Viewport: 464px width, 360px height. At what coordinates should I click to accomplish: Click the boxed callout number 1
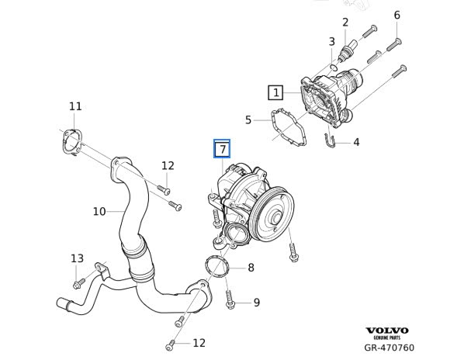click(x=275, y=92)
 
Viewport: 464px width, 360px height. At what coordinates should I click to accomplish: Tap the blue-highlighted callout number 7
click(x=222, y=148)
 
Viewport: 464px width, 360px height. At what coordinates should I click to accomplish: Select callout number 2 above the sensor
click(x=345, y=22)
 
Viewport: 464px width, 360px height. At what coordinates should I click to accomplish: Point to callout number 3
click(x=332, y=42)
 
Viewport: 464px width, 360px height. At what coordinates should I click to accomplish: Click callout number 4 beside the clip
click(x=356, y=142)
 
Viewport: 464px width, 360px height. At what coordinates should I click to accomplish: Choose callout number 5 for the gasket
click(x=248, y=120)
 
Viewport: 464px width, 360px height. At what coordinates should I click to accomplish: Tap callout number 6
click(x=396, y=15)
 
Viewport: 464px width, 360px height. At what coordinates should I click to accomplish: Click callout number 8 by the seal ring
click(x=251, y=268)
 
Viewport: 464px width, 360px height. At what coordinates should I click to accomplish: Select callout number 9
click(x=257, y=303)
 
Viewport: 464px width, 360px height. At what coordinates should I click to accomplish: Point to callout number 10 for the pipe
click(x=99, y=212)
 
